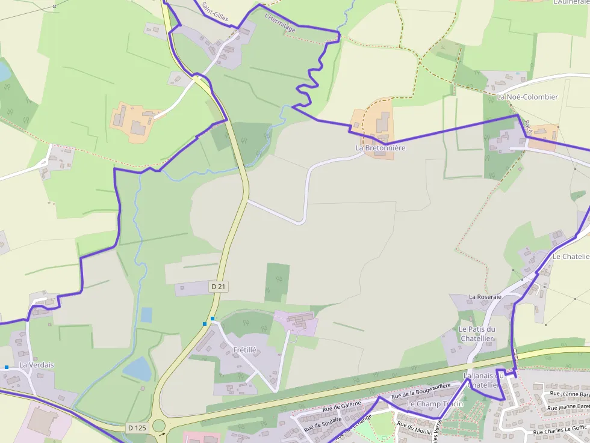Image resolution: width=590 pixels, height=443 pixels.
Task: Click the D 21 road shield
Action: tap(219, 287)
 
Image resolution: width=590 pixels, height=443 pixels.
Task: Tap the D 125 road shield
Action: tap(137, 428)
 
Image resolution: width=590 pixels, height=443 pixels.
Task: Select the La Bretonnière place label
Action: tap(380, 148)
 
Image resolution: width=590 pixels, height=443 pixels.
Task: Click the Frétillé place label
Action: tap(244, 349)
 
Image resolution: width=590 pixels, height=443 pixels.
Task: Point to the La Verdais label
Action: tap(36, 365)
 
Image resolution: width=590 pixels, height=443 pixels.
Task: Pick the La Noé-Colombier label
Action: tap(527, 97)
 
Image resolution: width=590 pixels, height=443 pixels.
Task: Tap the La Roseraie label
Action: tap(485, 297)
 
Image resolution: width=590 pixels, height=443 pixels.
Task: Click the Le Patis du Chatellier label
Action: tap(477, 334)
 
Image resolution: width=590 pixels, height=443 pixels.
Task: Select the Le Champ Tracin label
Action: tap(435, 404)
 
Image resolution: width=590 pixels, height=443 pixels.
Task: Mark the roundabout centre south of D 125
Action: tap(159, 426)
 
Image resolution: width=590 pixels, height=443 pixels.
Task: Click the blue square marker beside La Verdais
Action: tap(7, 367)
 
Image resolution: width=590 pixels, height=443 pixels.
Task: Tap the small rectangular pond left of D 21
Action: tap(146, 314)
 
